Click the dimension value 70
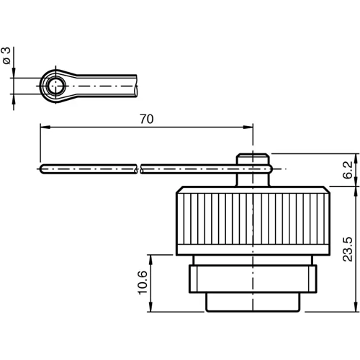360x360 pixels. point(146,120)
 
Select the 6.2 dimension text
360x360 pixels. point(348,170)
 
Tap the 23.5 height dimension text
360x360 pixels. point(348,248)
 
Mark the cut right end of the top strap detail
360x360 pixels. point(136,86)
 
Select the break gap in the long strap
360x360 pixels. point(138,168)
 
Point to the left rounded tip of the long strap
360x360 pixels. point(40,168)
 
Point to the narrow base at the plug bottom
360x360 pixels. point(253,302)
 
